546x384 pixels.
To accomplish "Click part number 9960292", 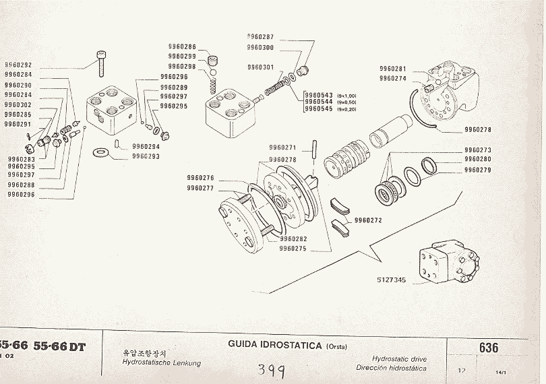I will pos(18,65).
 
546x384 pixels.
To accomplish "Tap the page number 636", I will pos(489,348).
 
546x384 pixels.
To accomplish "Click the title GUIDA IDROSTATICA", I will pos(275,346).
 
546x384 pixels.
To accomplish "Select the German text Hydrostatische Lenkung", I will pos(161,363).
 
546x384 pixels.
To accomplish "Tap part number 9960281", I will pos(393,69).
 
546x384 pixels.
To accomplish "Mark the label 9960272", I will pos(368,220).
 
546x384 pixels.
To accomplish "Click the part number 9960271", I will pos(282,147).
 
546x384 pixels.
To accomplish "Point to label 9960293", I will pos(146,156).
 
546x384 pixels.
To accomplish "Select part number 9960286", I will pos(182,46).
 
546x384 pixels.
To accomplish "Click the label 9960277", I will pos(200,189).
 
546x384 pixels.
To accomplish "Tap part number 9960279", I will pos(477,170).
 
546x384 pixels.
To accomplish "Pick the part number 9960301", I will pos(260,67).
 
